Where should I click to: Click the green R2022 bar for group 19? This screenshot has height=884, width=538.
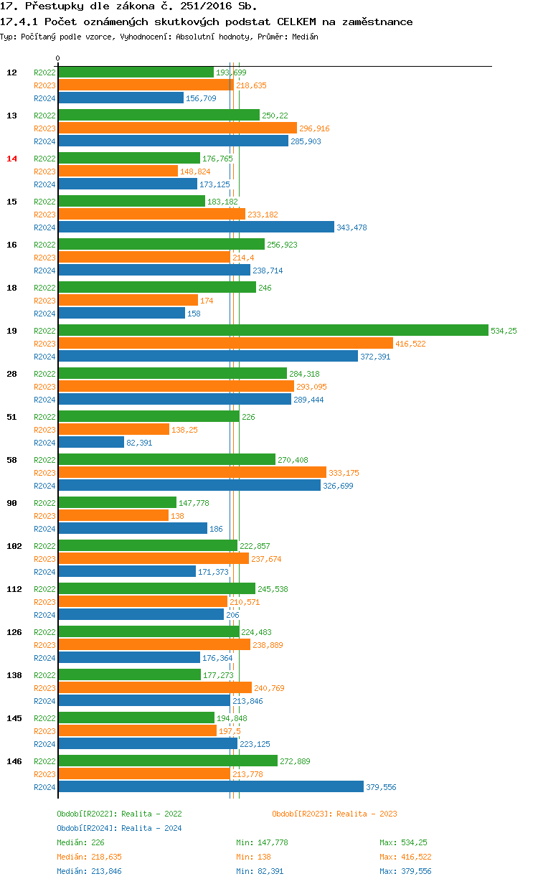[273, 330]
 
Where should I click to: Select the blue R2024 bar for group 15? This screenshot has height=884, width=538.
[196, 227]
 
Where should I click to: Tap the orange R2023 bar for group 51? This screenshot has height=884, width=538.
[113, 429]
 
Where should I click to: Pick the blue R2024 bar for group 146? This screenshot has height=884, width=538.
[211, 786]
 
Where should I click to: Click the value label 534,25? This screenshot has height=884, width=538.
[504, 331]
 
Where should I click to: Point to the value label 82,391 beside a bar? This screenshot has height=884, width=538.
[139, 443]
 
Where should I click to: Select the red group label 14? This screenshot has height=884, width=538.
[11, 159]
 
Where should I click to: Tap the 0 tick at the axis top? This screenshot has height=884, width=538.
[58, 58]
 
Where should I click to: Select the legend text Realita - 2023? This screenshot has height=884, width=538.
[367, 814]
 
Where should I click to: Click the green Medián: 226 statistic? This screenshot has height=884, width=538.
[81, 842]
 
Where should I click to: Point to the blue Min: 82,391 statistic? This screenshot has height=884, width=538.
[262, 871]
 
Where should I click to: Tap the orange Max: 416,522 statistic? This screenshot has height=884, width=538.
[405, 857]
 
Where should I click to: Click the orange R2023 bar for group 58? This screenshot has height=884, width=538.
[192, 472]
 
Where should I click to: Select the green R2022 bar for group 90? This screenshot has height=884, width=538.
[117, 502]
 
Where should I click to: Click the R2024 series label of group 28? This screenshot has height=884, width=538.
[44, 400]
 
